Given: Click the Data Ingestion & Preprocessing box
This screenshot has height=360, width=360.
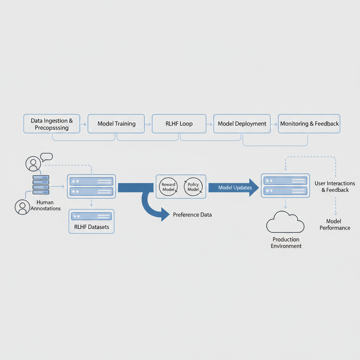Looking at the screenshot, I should pyautogui.click(x=52, y=124).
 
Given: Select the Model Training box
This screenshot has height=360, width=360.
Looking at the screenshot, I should pyautogui.click(x=116, y=124).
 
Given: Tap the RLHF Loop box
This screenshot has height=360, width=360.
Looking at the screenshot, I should pyautogui.click(x=179, y=124).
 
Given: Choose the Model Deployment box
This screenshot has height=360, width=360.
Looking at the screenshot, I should pyautogui.click(x=242, y=124).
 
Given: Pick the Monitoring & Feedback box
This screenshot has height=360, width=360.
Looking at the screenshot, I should pyautogui.click(x=309, y=124).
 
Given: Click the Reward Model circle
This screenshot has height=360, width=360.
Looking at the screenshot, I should pyautogui.click(x=168, y=187).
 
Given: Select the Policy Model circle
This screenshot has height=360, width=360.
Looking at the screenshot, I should pyautogui.click(x=193, y=187).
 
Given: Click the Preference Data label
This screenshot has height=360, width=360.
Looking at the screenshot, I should pyautogui.click(x=192, y=214).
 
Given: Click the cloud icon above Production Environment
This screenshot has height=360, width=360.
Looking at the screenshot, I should pyautogui.click(x=285, y=222).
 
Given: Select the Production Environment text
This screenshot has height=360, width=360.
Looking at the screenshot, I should pyautogui.click(x=286, y=243).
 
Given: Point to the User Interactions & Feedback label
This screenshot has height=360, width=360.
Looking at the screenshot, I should pyautogui.click(x=335, y=187).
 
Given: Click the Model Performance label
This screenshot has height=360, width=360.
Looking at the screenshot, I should pyautogui.click(x=335, y=224).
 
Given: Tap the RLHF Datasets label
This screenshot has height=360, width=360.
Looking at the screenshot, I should pyautogui.click(x=92, y=227).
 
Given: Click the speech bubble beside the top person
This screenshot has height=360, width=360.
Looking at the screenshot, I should pyautogui.click(x=46, y=157).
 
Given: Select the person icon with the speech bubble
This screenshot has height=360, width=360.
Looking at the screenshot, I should pyautogui.click(x=33, y=163).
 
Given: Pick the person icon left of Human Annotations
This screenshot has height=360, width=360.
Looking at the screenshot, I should pyautogui.click(x=22, y=207).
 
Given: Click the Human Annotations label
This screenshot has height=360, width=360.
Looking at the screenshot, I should pyautogui.click(x=45, y=205).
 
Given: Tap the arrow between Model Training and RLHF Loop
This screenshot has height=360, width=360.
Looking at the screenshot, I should pyautogui.click(x=148, y=124).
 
